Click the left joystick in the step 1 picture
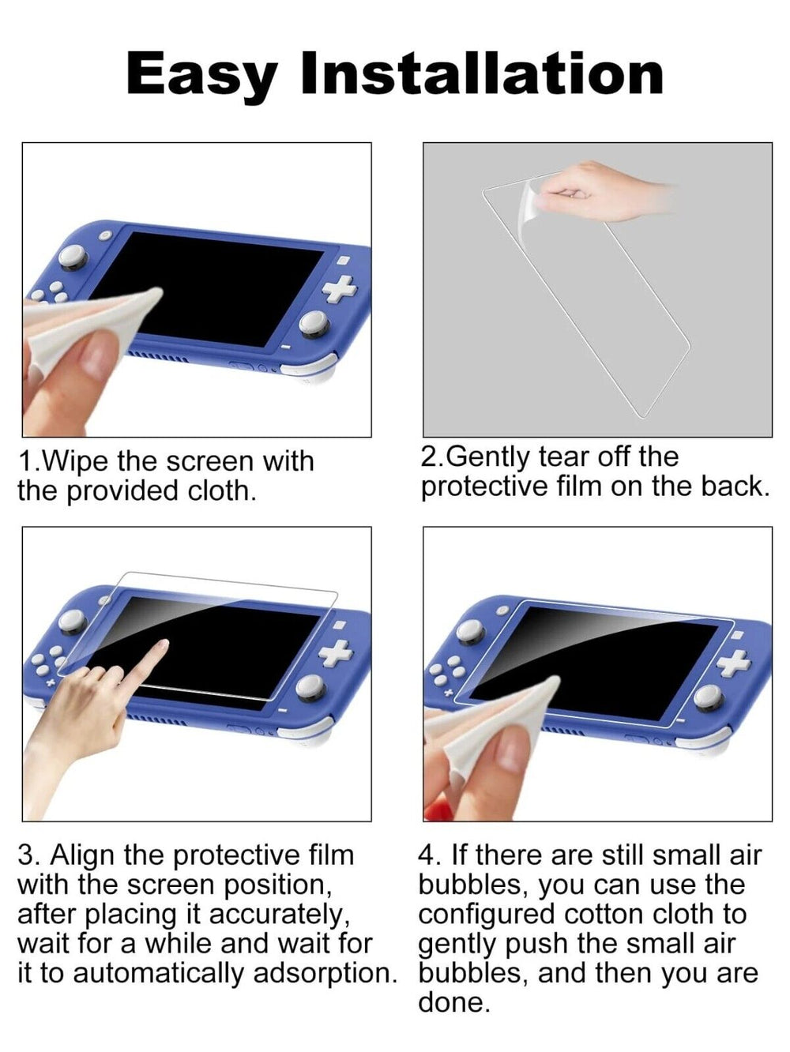(73, 256)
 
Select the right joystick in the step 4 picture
(709, 697)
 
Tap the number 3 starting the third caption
(27, 855)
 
